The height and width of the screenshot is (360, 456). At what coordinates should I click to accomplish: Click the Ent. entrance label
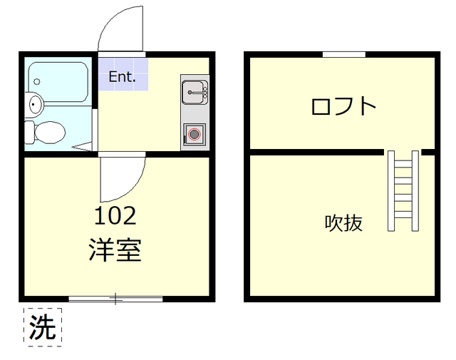(122, 77)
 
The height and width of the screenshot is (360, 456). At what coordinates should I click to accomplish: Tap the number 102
(115, 215)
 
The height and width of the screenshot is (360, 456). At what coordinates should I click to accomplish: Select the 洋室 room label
(115, 250)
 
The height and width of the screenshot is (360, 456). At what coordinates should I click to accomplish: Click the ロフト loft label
(343, 106)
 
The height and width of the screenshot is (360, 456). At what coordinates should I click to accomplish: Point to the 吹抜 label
(344, 223)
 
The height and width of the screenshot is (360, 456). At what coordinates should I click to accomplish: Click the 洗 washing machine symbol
(43, 327)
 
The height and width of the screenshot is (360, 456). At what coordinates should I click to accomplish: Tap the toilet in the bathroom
(48, 131)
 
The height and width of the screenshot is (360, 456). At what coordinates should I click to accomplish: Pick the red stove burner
(194, 133)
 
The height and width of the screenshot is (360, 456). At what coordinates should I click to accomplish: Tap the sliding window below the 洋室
(115, 299)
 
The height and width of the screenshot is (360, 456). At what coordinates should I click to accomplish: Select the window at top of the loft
(343, 54)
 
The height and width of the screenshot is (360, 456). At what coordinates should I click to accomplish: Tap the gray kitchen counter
(194, 112)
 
